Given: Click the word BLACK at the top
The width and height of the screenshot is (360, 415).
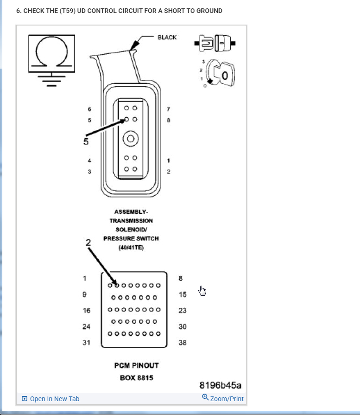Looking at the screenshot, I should click(x=167, y=38).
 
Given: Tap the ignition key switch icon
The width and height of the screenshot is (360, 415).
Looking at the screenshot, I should click(x=221, y=73).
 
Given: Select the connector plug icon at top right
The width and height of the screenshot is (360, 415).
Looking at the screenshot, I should click(x=216, y=44).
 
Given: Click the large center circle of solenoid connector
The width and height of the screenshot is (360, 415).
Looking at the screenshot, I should click(x=130, y=138).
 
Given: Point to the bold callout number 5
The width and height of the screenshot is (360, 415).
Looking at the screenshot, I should click(x=86, y=141).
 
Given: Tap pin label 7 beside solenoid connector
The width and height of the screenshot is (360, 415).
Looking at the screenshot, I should click(x=168, y=109).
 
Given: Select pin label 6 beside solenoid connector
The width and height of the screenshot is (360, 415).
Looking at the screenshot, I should click(x=90, y=109).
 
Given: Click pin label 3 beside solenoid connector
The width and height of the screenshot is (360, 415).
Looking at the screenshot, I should click(x=90, y=172).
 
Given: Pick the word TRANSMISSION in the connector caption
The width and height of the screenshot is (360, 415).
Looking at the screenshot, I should click(x=131, y=221).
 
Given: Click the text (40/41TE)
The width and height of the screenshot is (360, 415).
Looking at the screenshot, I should click(x=131, y=248).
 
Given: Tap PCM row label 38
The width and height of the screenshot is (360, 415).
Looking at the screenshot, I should click(x=183, y=343).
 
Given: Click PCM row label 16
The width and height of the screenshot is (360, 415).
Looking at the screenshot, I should click(x=87, y=310).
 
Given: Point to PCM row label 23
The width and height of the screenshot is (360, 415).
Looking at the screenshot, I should click(x=183, y=310).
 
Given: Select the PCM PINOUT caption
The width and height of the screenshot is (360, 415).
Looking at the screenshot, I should click(x=136, y=365).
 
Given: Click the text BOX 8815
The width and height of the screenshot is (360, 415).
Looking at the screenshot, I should click(x=136, y=377).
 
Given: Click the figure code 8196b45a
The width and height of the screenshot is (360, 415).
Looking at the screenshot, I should click(x=221, y=385).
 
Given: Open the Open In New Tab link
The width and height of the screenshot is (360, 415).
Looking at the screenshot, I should click(x=51, y=399).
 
